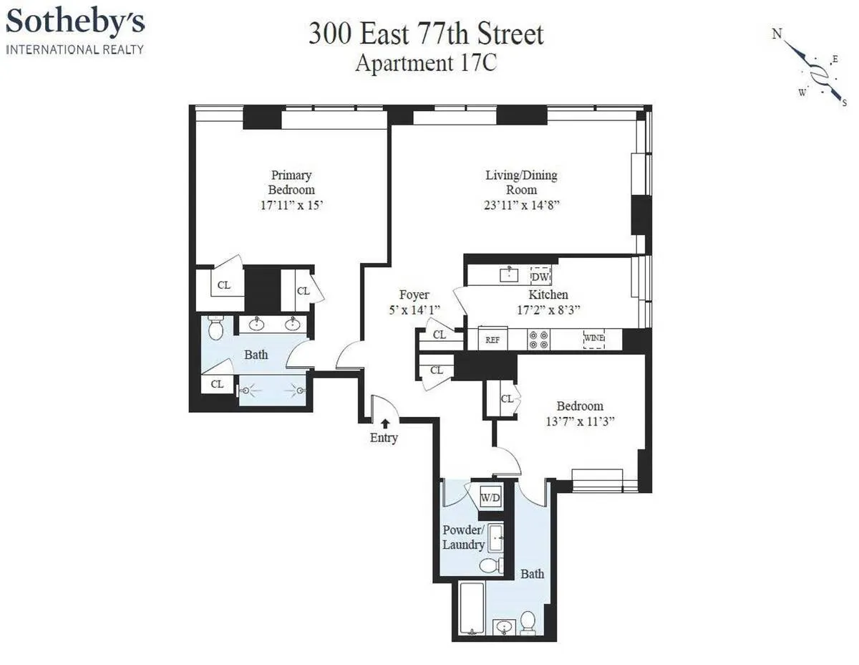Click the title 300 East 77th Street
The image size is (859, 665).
click(x=426, y=34)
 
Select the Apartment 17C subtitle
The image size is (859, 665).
click(x=426, y=63)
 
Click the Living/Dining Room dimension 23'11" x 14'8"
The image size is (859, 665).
click(x=521, y=205)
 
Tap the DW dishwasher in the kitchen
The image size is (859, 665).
click(x=540, y=275)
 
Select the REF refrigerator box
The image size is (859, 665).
click(x=492, y=340)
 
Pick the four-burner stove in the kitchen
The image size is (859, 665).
click(x=538, y=339)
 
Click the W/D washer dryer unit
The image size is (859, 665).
click(x=490, y=496)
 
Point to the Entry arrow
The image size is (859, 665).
click(x=385, y=424)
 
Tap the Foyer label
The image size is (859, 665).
click(x=414, y=295)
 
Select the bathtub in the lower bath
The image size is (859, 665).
click(x=471, y=609)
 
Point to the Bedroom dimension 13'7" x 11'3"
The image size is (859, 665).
click(x=581, y=421)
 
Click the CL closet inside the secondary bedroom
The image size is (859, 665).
click(x=506, y=399)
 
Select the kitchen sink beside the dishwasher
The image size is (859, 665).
click(x=510, y=274)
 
